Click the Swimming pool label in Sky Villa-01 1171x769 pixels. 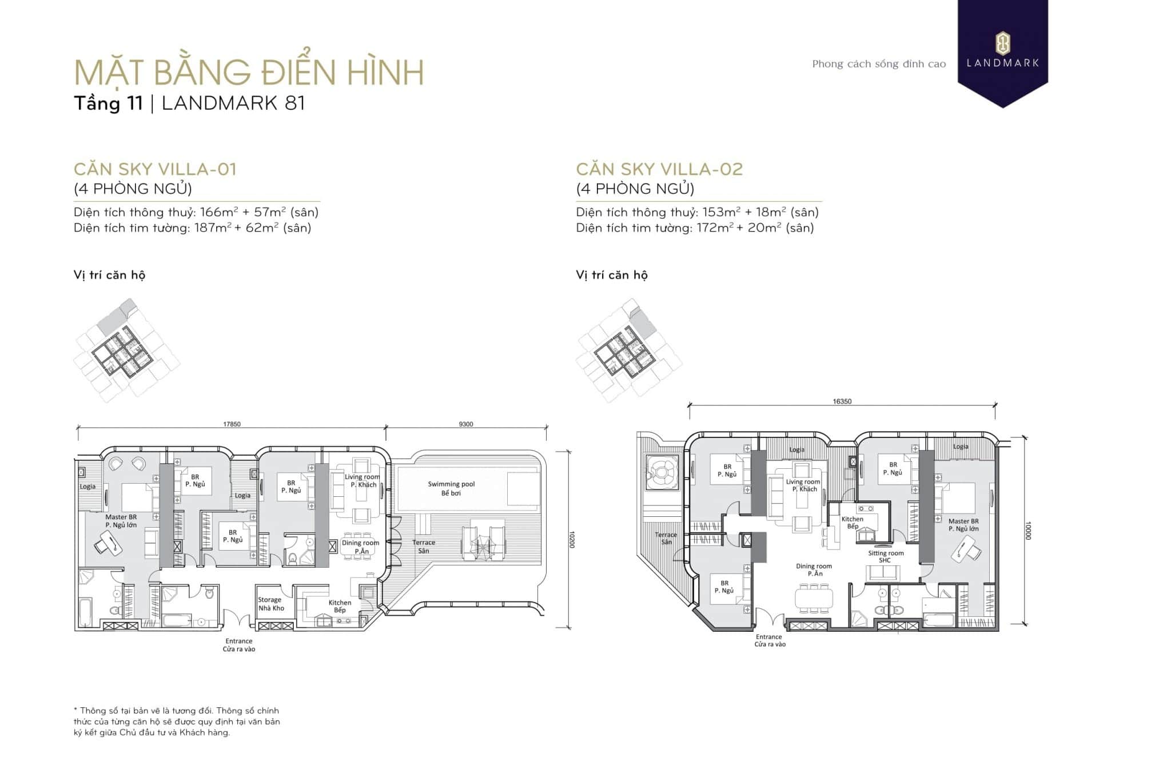(x=451, y=488)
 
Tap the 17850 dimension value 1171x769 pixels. (x=232, y=424)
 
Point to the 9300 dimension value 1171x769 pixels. (x=466, y=424)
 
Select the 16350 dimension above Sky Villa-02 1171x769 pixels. (x=842, y=401)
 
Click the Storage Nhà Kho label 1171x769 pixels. (x=270, y=604)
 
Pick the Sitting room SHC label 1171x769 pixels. (x=886, y=556)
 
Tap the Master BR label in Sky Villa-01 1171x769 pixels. (x=121, y=521)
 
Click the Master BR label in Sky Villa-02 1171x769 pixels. (x=963, y=525)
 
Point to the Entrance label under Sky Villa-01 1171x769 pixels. (x=239, y=645)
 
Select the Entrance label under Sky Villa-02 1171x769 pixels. (x=770, y=640)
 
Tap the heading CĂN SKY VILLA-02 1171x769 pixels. (x=659, y=169)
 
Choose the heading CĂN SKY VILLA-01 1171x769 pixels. (x=155, y=169)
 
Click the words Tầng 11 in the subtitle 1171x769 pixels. (x=108, y=103)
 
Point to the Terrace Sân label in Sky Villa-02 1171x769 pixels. (x=666, y=538)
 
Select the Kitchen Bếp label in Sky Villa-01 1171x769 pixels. (x=340, y=606)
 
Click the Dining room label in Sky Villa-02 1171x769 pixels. (x=814, y=569)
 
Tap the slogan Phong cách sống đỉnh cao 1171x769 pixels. (x=879, y=64)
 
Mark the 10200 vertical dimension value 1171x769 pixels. (x=572, y=540)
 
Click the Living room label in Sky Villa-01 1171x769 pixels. (x=362, y=481)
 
